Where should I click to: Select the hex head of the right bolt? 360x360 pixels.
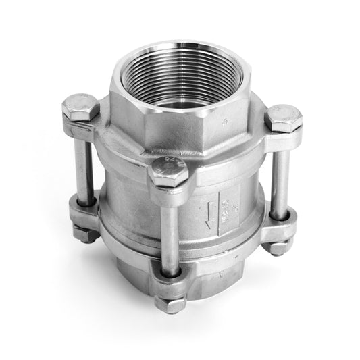[282, 119]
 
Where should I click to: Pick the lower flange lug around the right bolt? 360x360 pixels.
[280, 226]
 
